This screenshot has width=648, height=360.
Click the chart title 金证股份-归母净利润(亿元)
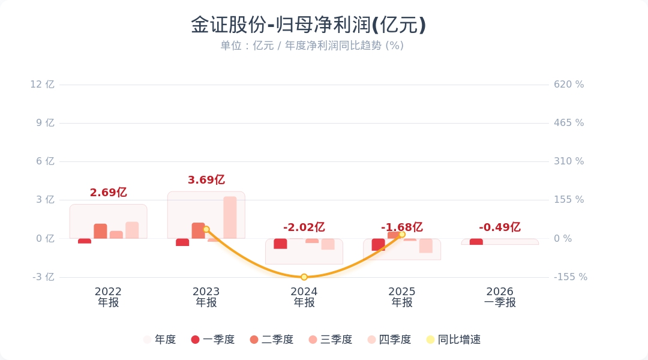[x=308, y=25]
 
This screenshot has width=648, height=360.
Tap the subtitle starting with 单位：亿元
[x=311, y=46]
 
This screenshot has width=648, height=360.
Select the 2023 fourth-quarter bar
[x=230, y=217]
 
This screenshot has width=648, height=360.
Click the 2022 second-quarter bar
[x=100, y=231]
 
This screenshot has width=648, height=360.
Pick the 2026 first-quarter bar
[x=476, y=242]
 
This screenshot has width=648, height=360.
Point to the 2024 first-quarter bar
[x=280, y=244]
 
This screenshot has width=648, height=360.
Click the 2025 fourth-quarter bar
[x=426, y=245]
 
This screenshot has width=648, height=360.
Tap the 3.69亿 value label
[x=206, y=180]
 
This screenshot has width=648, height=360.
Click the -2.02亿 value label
[x=304, y=227]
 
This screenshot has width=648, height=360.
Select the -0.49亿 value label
[x=499, y=227]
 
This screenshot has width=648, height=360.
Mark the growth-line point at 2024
[x=304, y=277]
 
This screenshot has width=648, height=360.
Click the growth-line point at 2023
[x=206, y=229]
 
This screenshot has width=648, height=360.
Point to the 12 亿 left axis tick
[x=42, y=85]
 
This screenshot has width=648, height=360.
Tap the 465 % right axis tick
[x=569, y=123]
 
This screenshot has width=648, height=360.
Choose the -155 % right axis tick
[x=570, y=277]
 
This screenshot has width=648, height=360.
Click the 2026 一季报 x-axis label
[x=500, y=297]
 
